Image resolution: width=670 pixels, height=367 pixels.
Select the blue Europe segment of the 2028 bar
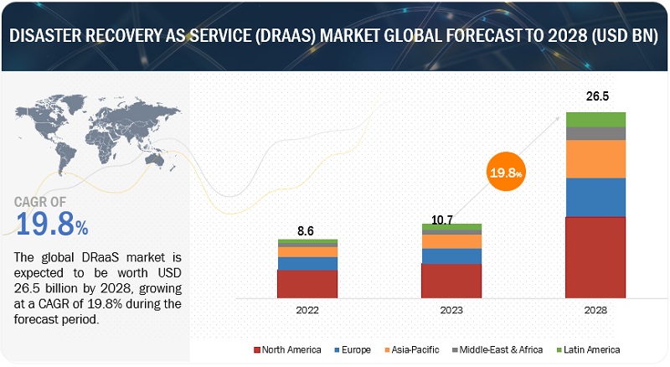(595, 197)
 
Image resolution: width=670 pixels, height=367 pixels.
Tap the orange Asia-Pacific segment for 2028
(595, 158)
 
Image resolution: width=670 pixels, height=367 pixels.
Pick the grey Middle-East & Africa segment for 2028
(595, 133)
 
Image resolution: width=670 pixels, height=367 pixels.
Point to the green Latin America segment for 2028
(595, 119)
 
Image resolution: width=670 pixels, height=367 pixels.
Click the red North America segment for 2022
(307, 283)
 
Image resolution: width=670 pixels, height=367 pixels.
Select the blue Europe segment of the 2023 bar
(451, 256)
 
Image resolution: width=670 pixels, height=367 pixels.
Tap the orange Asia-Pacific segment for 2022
(307, 251)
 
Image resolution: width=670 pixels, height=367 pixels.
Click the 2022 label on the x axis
(307, 309)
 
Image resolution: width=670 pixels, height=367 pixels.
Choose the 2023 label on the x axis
(451, 309)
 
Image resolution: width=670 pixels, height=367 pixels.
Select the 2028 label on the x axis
(595, 309)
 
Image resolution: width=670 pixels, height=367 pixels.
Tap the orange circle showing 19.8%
(506, 173)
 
